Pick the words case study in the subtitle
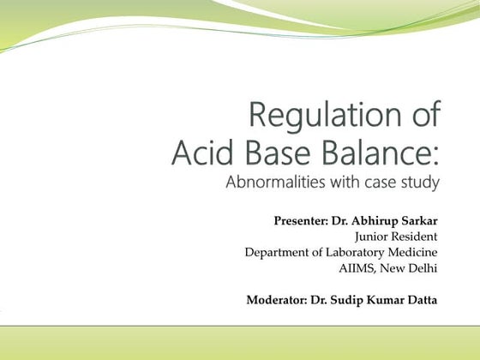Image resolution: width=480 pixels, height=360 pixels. pyautogui.click(x=402, y=183)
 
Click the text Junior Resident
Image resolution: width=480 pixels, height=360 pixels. pyautogui.click(x=396, y=237)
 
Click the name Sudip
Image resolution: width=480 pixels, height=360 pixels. pyautogui.click(x=352, y=299)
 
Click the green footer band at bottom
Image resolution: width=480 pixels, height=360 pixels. pyautogui.click(x=240, y=343)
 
